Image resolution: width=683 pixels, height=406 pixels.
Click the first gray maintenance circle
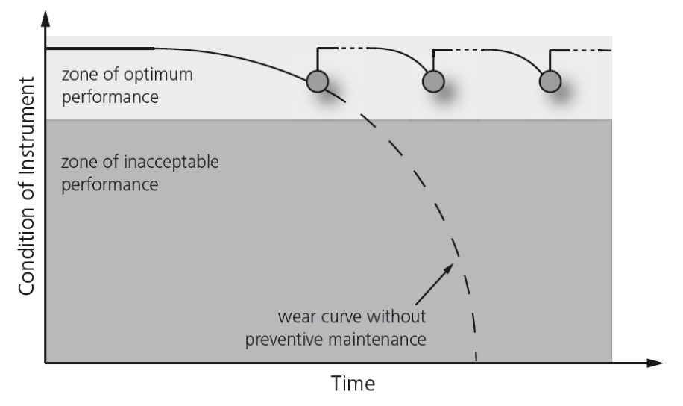318,81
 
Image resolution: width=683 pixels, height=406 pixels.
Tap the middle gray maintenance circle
433,81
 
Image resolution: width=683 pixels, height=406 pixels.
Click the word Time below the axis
353,385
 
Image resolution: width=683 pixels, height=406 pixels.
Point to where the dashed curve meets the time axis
476,362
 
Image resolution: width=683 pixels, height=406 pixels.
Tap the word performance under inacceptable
110,183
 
